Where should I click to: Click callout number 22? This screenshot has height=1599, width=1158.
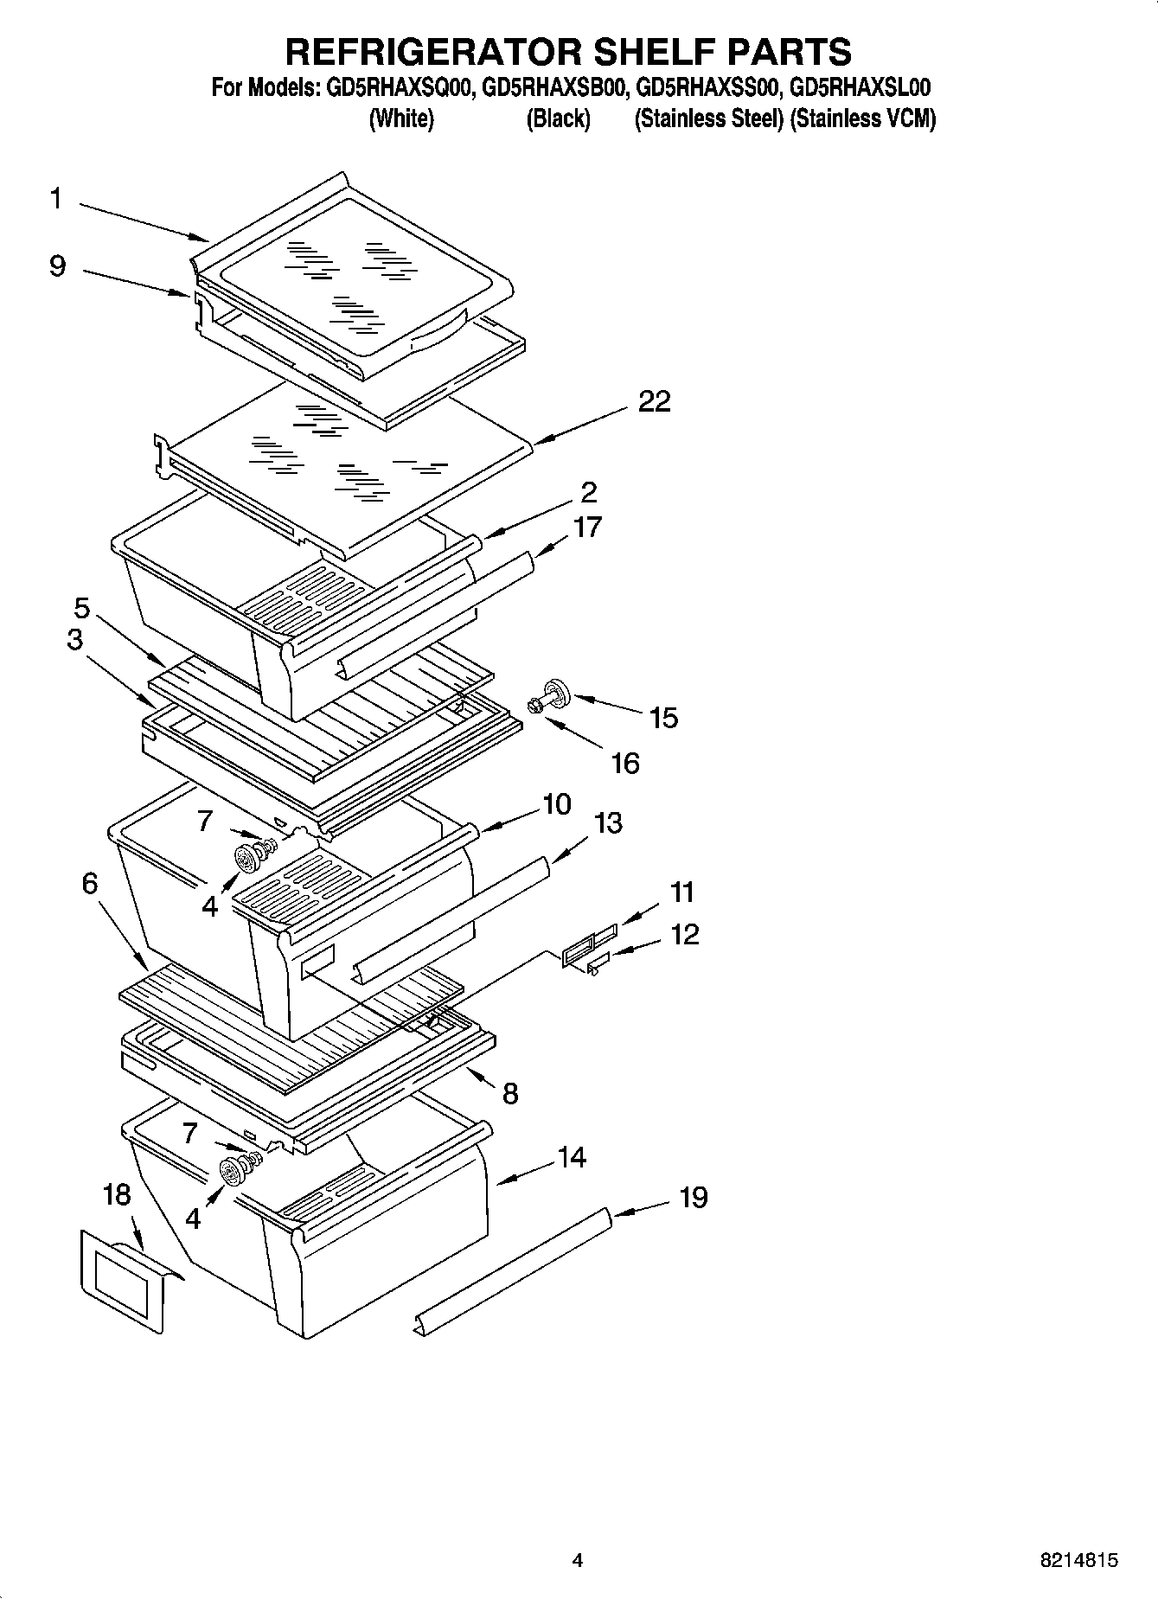click(654, 402)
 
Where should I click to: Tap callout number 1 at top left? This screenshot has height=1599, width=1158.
click(55, 199)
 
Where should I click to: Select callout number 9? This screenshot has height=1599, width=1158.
click(57, 265)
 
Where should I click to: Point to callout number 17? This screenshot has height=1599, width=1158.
click(587, 527)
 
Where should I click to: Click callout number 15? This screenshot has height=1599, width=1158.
click(663, 718)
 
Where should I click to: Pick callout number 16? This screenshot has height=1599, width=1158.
click(624, 763)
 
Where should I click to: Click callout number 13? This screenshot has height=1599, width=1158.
click(608, 823)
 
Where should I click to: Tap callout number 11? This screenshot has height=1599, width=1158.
click(682, 892)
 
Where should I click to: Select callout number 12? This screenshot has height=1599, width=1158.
click(684, 935)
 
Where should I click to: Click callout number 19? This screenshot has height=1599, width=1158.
click(694, 1198)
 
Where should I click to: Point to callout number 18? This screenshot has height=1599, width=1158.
click(117, 1195)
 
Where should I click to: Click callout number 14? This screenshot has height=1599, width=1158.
click(572, 1157)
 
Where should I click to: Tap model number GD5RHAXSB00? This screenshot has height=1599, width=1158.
click(554, 88)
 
